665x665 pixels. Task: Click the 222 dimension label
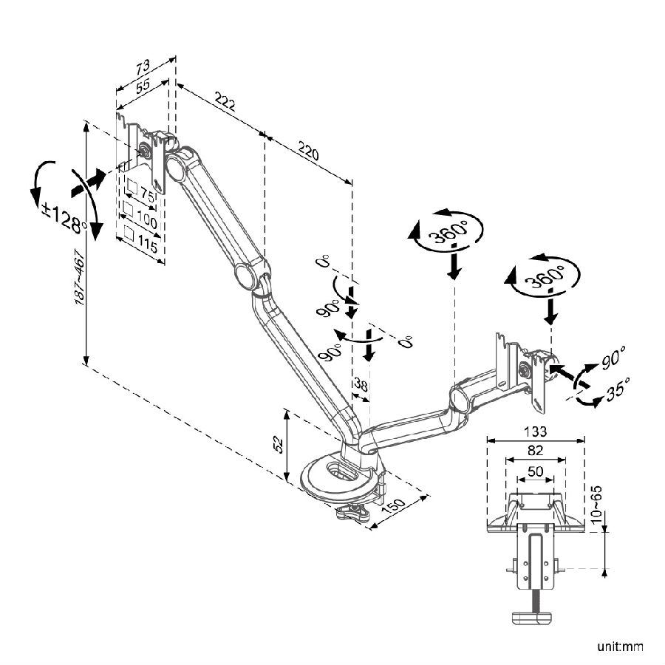coord(225,102)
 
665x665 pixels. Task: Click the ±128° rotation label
coord(64,216)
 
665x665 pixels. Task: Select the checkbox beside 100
coord(129,209)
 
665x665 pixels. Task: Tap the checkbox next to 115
coord(129,233)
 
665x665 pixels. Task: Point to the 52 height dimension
coord(279,443)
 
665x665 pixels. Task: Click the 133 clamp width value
coord(535,432)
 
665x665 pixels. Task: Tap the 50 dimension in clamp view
coord(535,471)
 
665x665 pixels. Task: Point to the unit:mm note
coord(621,647)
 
